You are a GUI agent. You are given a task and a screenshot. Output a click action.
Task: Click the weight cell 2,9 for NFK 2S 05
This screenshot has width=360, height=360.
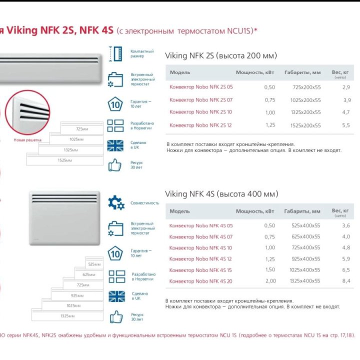(346, 87)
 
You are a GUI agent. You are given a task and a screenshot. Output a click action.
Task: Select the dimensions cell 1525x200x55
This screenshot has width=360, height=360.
(305, 125)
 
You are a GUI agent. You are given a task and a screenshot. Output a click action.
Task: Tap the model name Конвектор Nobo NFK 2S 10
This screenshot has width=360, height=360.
(201, 112)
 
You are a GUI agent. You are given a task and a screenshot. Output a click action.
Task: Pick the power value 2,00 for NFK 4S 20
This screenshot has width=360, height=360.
(270, 281)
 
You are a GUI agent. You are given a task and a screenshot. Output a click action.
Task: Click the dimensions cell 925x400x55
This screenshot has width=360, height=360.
(306, 259)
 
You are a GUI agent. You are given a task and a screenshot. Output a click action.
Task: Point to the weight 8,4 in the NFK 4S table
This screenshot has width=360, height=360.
(346, 280)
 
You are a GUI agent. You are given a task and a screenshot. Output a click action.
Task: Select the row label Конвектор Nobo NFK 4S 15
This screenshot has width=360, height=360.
(200, 270)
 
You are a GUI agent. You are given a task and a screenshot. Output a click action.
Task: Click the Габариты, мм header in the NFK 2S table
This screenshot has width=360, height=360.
(302, 72)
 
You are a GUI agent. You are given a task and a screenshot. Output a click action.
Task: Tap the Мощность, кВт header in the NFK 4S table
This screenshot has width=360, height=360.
(255, 211)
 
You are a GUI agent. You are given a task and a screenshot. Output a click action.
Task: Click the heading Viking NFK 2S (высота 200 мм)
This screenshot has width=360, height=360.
(221, 56)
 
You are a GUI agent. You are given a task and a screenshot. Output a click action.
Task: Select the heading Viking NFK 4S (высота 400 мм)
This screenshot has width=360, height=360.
(221, 194)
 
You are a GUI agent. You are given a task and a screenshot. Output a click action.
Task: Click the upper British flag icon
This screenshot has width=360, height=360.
(115, 146)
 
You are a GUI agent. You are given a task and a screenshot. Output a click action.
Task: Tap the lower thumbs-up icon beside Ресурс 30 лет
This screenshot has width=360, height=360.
(116, 317)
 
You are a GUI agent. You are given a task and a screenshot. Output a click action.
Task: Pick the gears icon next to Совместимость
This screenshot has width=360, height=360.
(116, 202)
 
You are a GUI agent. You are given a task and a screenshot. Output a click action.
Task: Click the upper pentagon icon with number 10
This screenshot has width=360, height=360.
(115, 104)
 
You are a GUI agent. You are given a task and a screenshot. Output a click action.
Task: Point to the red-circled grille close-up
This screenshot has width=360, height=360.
(27, 112)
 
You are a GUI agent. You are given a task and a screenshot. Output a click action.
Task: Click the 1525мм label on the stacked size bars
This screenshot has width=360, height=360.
(64, 160)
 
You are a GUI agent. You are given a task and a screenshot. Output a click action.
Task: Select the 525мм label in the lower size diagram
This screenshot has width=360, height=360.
(94, 264)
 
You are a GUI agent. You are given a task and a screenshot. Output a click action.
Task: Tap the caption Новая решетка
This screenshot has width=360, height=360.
(27, 140)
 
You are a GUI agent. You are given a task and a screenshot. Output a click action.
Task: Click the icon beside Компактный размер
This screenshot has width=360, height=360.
(115, 54)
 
